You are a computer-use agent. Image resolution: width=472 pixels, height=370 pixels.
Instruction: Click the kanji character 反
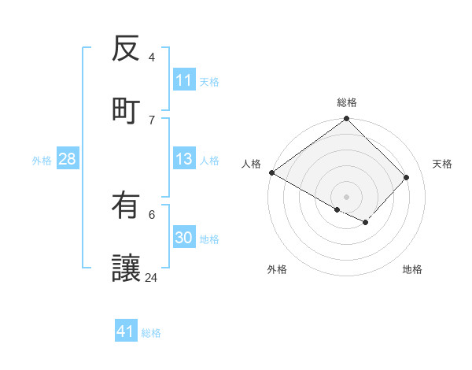click(126, 50)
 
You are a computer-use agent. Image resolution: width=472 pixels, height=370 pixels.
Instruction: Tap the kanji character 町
click(126, 109)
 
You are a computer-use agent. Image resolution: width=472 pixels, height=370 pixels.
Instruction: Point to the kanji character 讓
click(126, 267)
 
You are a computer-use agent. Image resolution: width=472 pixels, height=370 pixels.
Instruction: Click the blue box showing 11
click(184, 80)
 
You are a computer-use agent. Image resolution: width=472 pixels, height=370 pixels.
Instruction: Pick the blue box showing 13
click(184, 160)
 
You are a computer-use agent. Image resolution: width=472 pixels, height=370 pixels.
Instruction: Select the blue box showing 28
click(68, 160)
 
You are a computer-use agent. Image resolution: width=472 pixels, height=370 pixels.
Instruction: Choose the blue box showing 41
click(126, 331)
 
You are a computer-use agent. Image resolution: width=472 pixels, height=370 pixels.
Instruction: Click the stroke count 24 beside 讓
click(152, 277)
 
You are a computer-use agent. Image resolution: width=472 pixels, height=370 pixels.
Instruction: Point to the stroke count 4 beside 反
click(152, 57)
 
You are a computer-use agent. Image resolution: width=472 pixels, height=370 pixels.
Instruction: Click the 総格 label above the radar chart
click(347, 102)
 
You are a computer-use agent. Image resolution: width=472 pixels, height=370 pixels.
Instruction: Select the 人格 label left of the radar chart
click(252, 164)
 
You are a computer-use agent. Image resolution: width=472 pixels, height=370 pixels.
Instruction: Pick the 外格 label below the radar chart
click(277, 269)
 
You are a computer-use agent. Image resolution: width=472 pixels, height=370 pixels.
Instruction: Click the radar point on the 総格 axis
click(347, 120)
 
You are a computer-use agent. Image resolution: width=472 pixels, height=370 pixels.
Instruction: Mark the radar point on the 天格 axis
click(407, 178)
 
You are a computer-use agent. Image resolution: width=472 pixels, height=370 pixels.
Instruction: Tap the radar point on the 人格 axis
click(271, 172)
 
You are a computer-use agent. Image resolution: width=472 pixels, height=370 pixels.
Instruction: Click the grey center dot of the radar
click(347, 196)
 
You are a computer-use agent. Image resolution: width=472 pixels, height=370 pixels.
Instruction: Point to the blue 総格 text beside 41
click(151, 333)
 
